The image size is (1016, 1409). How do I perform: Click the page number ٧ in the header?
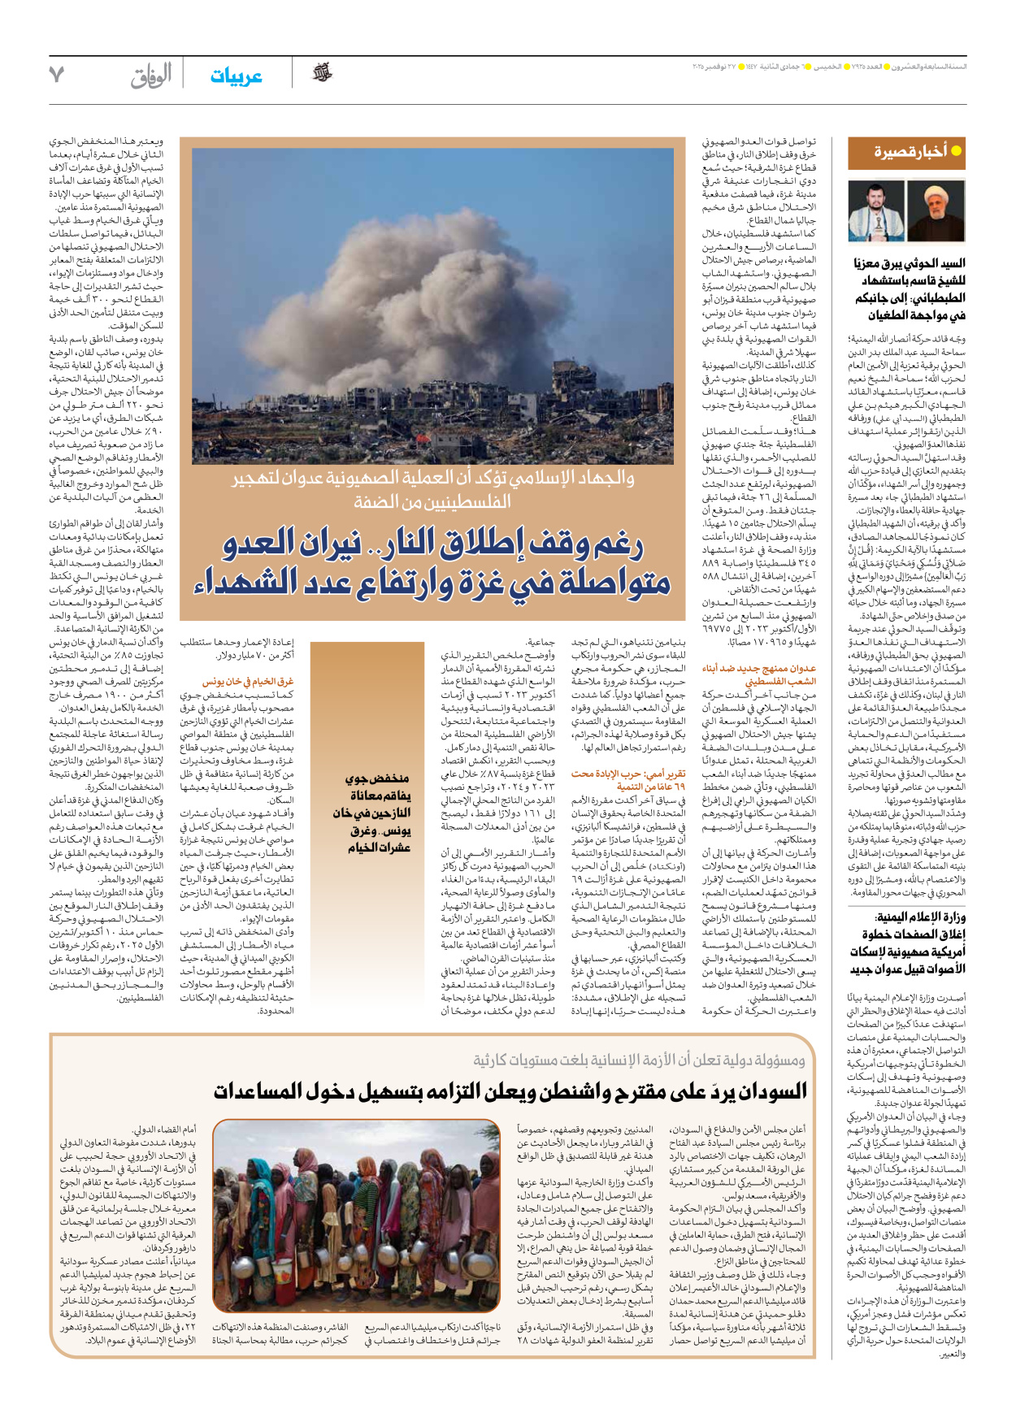click(56, 74)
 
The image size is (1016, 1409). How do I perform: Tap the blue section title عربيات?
click(236, 76)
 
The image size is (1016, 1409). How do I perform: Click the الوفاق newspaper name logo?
click(151, 76)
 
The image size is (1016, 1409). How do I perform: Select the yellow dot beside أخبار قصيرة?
click(957, 150)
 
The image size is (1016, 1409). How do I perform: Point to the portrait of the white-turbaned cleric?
click(936, 210)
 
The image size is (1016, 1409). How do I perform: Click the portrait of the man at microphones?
click(876, 210)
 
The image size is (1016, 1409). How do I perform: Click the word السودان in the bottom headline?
click(759, 1091)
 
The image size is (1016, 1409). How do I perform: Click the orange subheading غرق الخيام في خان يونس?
click(248, 682)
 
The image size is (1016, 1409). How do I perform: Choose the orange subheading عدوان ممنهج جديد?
click(759, 674)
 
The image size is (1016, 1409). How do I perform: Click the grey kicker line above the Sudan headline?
click(640, 1060)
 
